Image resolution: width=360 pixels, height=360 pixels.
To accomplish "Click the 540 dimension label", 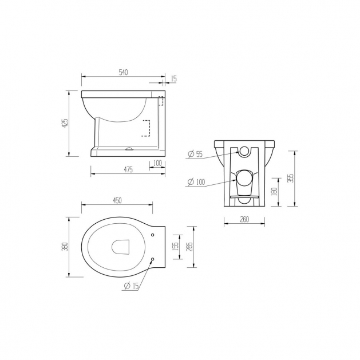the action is point(123,72).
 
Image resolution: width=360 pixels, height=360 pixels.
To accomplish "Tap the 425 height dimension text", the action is point(65,124).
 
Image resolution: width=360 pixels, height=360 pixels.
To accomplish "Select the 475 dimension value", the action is point(128,169).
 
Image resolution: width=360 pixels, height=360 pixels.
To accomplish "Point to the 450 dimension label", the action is point(117,200).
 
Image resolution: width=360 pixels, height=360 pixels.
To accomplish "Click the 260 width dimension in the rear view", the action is point(244,219).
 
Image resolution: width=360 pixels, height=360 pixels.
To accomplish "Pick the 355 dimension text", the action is point(291,178).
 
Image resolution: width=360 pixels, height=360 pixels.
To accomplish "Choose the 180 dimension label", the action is point(274,192).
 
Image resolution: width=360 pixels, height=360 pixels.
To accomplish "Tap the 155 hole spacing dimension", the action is point(175,247).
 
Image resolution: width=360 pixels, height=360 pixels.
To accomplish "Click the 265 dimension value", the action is point(189,247).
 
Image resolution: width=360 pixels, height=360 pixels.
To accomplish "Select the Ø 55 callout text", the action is point(195,154).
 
